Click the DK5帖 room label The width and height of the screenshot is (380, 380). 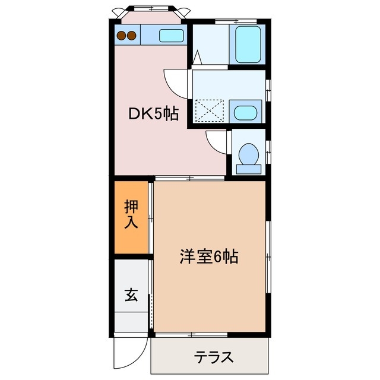point(154,113)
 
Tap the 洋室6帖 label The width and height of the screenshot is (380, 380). point(209,256)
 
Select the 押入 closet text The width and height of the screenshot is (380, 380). point(131,215)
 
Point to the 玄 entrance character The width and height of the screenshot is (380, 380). point(130,294)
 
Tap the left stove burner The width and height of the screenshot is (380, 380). point(122,36)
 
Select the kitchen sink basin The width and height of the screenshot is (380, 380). point(172,35)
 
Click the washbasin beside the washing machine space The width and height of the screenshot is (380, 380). point(243,111)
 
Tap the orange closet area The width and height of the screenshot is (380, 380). point(131,217)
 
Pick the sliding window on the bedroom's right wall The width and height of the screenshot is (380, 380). point(269,255)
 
